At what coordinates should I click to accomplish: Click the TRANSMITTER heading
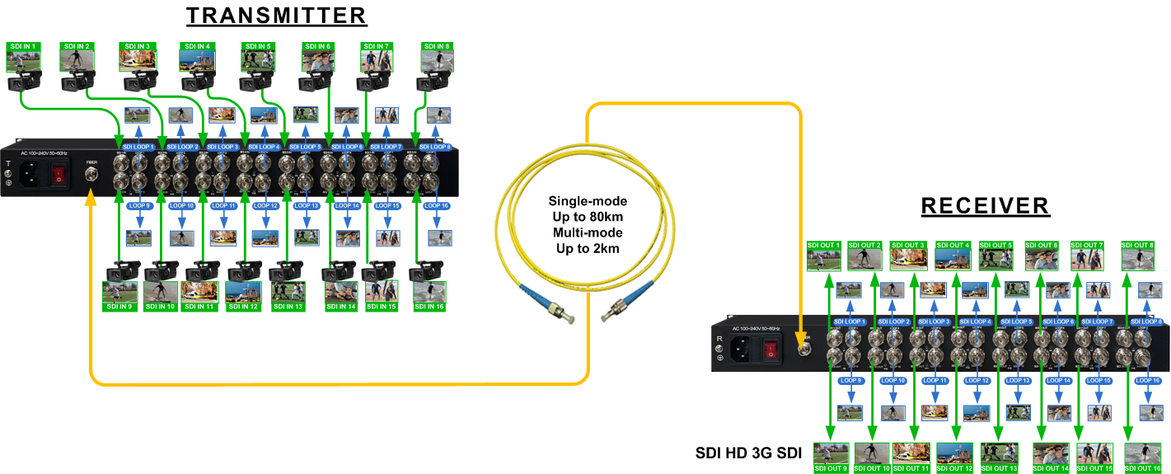[276, 16]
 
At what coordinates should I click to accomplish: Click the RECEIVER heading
[985, 205]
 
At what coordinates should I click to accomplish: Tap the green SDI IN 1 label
[22, 47]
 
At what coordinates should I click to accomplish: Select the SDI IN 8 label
[437, 46]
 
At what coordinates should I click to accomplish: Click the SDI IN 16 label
[429, 307]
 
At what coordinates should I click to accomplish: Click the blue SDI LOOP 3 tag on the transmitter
[222, 147]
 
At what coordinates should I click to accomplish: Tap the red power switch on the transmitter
[59, 174]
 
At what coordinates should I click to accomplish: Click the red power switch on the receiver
[771, 351]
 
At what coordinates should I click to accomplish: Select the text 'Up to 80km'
[588, 216]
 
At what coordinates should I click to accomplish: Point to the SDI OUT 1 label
[823, 245]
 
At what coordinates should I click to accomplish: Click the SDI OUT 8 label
[1138, 245]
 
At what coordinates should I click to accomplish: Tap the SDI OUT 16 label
[1143, 468]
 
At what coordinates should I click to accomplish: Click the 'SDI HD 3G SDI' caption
[748, 453]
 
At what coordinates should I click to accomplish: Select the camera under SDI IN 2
[77, 80]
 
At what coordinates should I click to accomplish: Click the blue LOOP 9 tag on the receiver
[850, 380]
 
